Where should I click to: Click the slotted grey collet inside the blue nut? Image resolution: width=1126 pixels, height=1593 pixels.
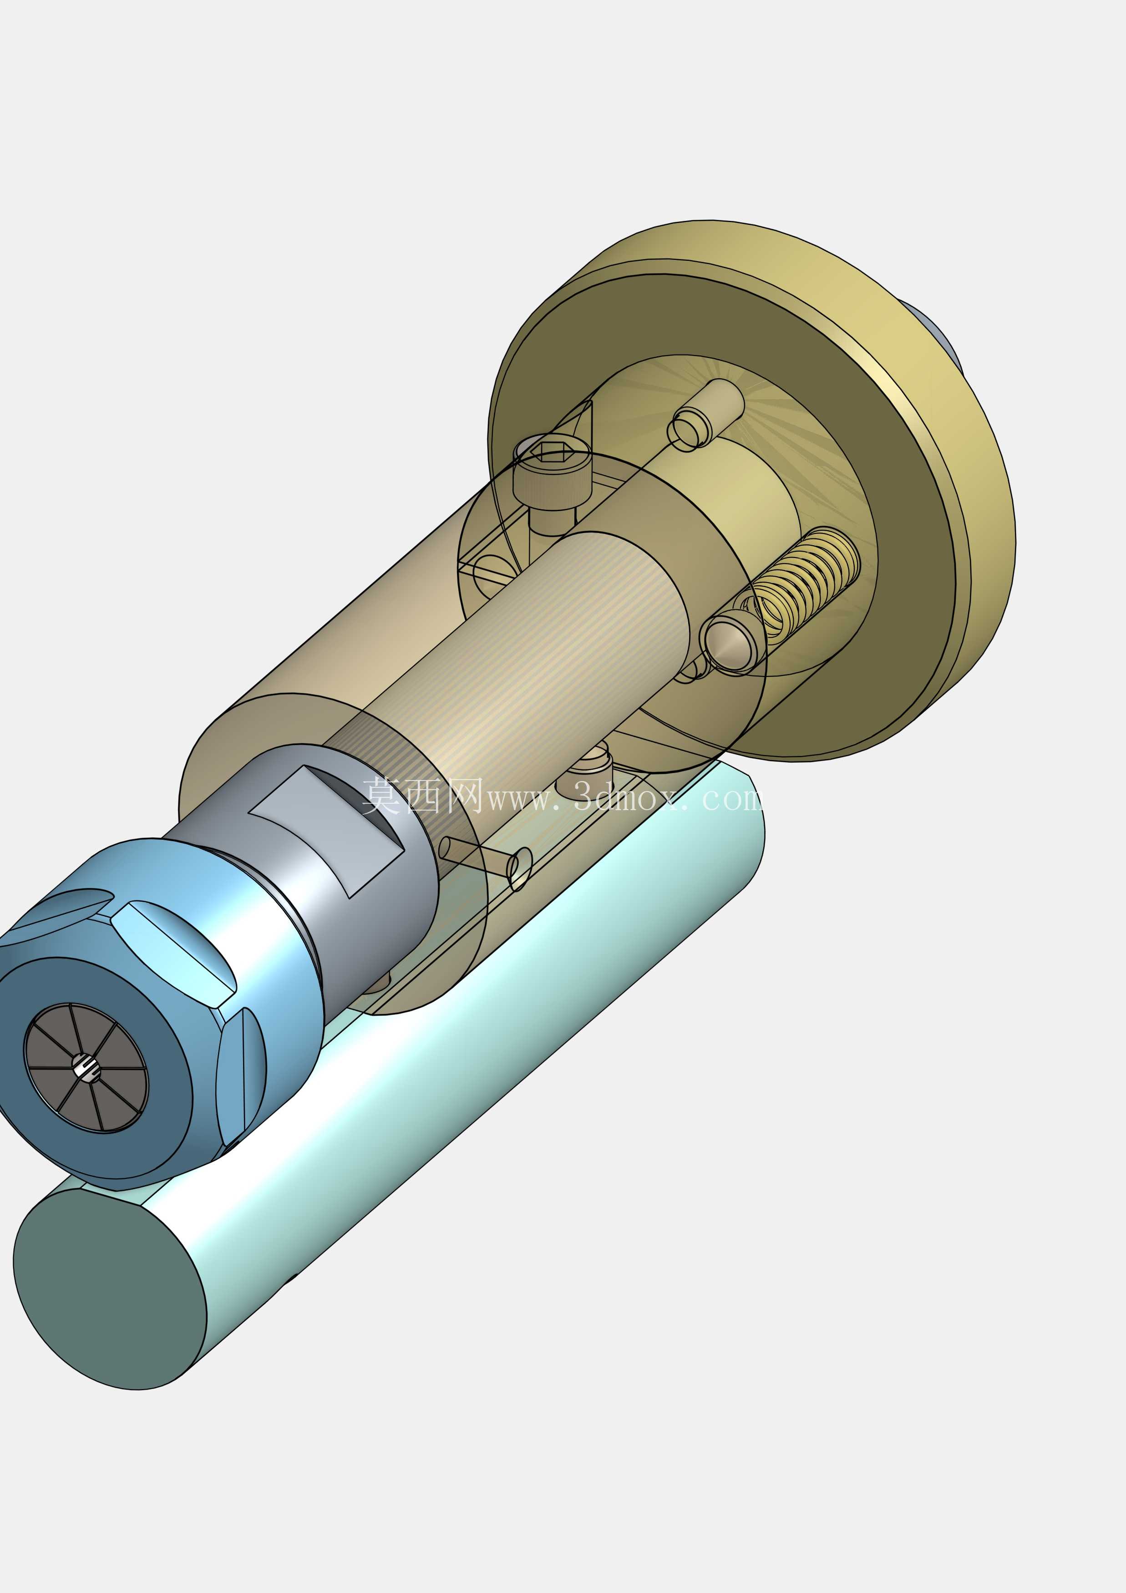pos(86,1069)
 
